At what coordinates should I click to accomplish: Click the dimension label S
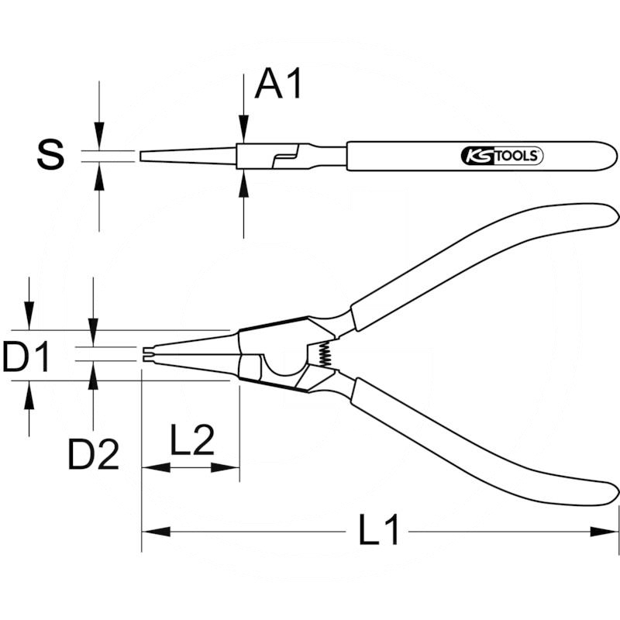point(51,155)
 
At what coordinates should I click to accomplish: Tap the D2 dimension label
point(93,456)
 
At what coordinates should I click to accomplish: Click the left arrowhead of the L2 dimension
point(152,467)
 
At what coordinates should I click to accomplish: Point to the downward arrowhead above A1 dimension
point(243,132)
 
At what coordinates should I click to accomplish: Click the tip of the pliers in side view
point(143,156)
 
